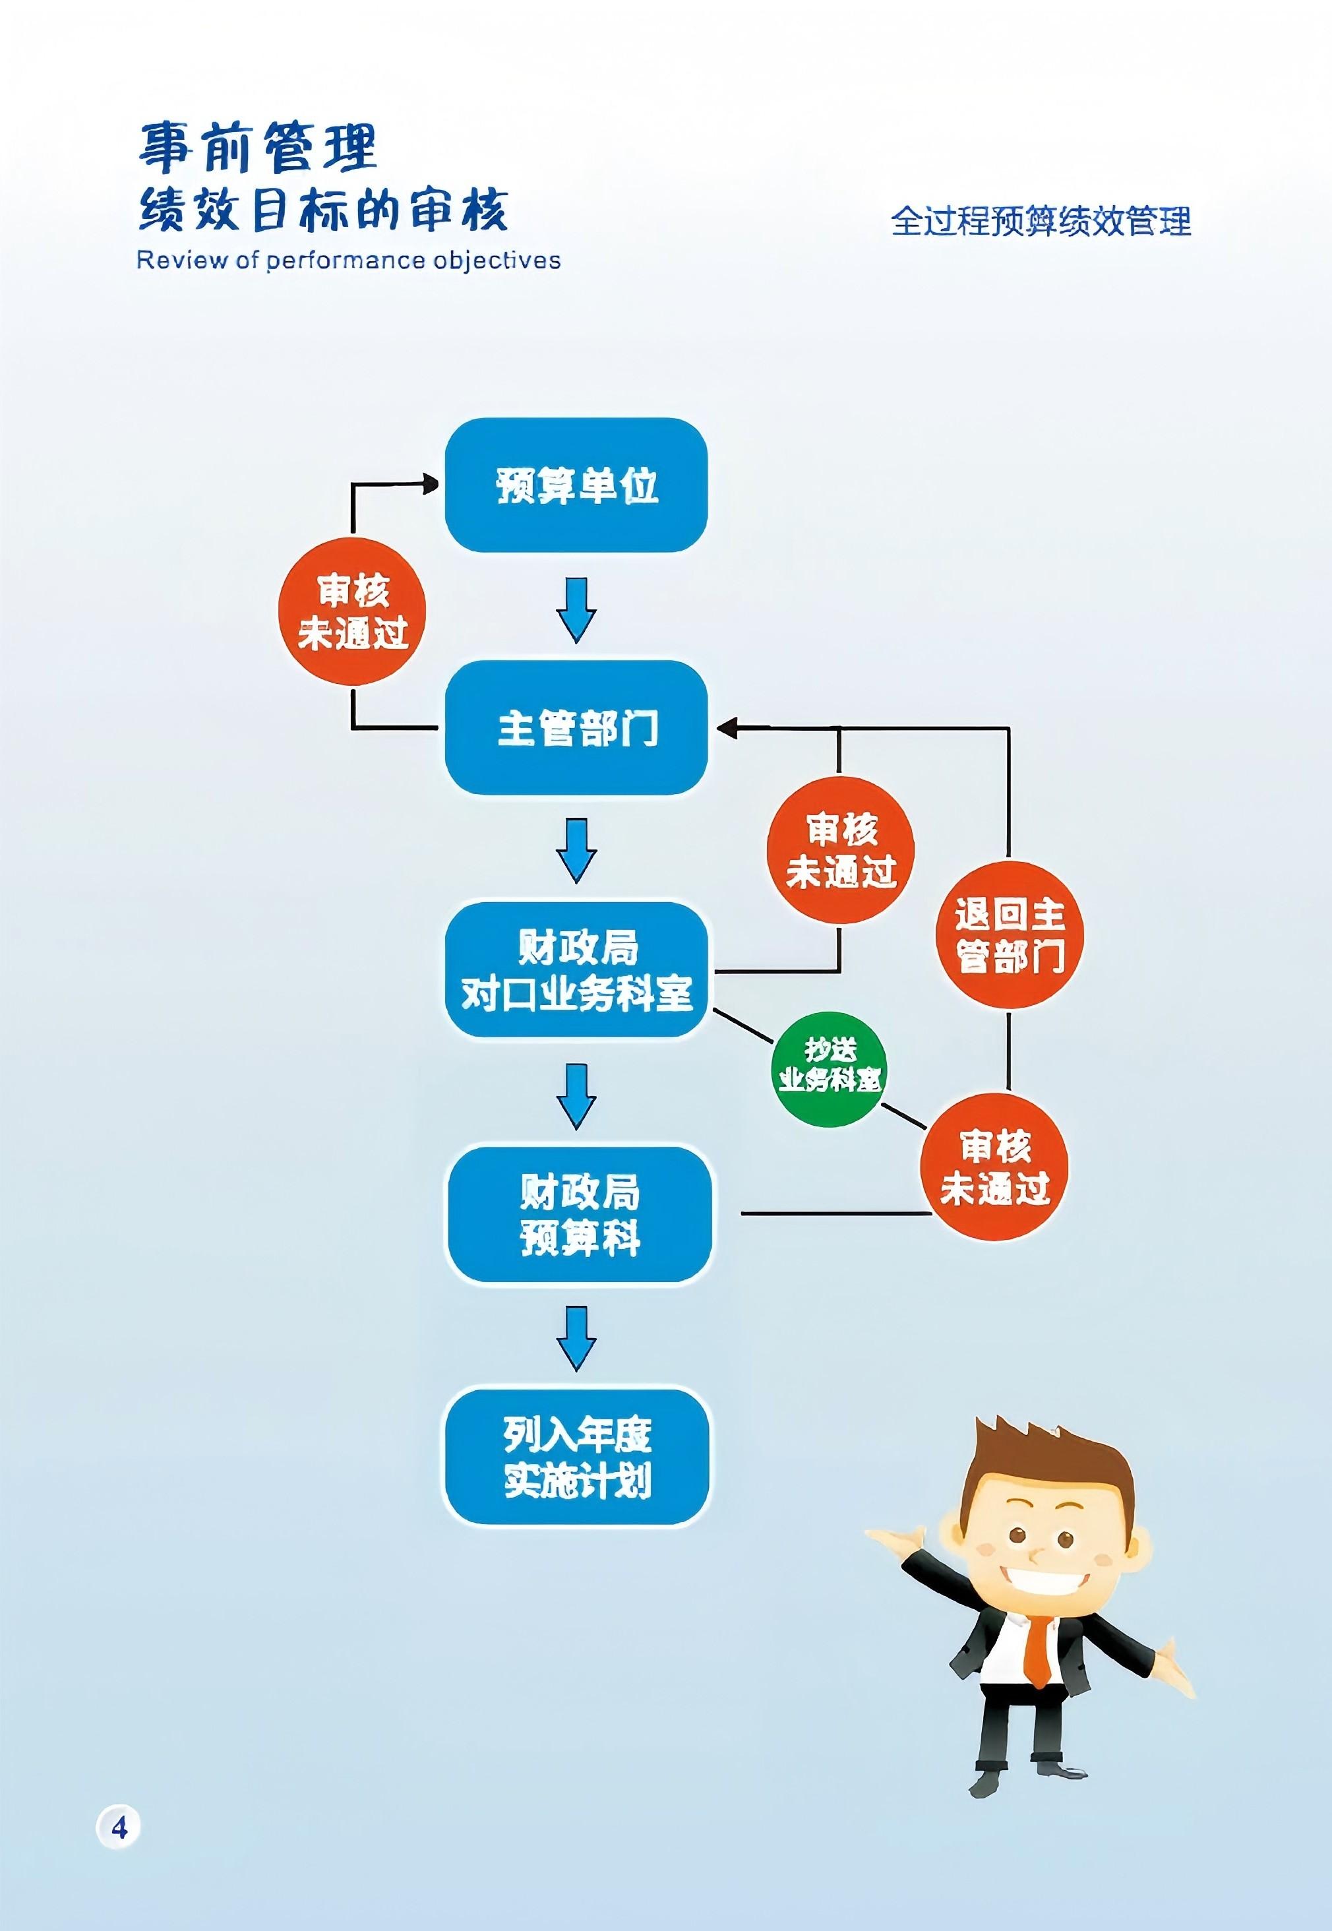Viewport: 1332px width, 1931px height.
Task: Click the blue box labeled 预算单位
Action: tap(576, 485)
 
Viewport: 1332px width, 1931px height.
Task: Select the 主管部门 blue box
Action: tap(576, 727)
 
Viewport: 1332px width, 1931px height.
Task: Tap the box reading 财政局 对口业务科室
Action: tap(576, 969)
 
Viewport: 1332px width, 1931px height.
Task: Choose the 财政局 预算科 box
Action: tap(580, 1213)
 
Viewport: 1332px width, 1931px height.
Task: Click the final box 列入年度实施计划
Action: tap(576, 1457)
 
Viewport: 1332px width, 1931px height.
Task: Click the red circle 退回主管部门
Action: tap(1009, 935)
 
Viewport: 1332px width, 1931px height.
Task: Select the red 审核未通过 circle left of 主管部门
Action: tap(352, 611)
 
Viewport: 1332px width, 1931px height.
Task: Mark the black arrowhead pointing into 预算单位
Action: tap(430, 483)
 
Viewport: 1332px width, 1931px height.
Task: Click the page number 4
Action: tap(119, 1827)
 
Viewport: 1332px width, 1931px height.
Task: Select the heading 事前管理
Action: tap(258, 148)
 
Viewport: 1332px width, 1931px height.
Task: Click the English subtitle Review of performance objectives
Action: tap(348, 261)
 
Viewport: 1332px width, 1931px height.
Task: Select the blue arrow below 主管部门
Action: tap(576, 849)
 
